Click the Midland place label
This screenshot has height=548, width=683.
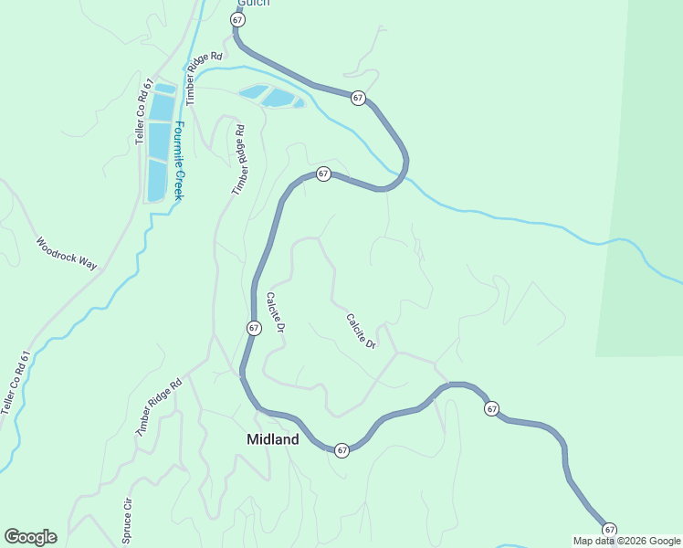click(x=272, y=439)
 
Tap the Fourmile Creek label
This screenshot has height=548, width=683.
click(x=180, y=162)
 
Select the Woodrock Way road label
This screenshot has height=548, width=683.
click(x=66, y=255)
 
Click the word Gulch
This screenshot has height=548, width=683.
click(x=253, y=3)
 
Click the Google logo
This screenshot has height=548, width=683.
click(x=30, y=537)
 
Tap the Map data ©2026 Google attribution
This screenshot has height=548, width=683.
click(x=627, y=541)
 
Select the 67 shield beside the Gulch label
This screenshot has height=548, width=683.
click(x=238, y=19)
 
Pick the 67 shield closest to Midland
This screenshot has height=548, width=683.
click(x=341, y=450)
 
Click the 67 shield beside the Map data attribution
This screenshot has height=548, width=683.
click(x=609, y=529)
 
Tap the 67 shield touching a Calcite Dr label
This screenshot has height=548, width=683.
click(x=254, y=328)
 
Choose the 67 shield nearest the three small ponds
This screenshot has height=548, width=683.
click(x=358, y=98)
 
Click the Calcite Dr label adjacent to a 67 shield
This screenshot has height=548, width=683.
click(x=277, y=312)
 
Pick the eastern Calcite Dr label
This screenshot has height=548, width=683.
click(x=362, y=332)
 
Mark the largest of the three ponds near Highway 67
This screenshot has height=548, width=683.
click(x=279, y=98)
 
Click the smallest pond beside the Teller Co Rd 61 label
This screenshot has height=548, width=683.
click(x=164, y=89)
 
